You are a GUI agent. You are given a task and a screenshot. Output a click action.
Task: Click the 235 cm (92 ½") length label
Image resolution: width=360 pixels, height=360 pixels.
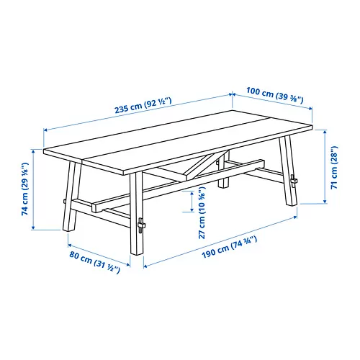(136, 109)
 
